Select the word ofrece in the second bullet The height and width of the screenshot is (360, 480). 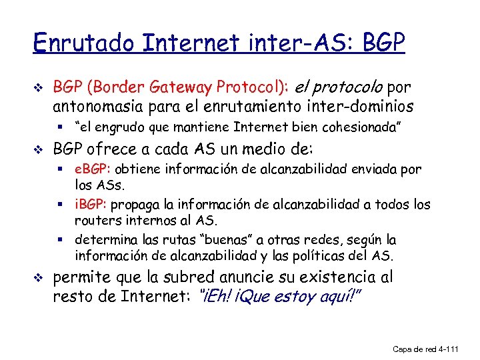[x=108, y=148]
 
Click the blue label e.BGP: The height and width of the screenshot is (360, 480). [x=94, y=169]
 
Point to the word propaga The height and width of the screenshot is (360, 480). [x=139, y=204]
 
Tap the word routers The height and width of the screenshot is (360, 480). [x=96, y=220]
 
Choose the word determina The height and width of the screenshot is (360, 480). [x=103, y=239]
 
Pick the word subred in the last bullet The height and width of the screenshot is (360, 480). [x=178, y=277]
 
